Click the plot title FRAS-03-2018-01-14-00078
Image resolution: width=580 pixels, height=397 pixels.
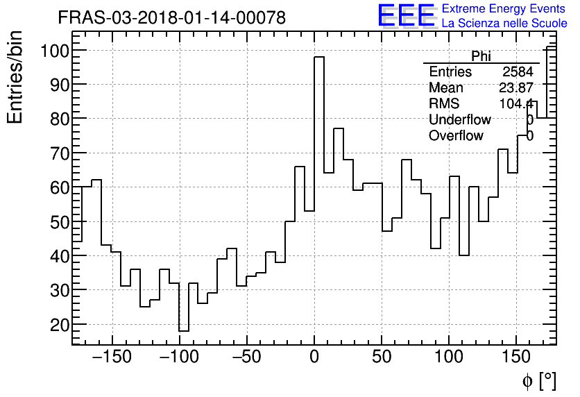pos(171,18)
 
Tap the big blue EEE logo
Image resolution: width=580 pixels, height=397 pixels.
pos(406,16)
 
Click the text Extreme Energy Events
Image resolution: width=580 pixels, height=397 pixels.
pos(503,9)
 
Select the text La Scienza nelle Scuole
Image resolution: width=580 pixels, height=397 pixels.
pos(504,23)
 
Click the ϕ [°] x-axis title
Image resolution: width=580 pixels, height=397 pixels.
pos(539,380)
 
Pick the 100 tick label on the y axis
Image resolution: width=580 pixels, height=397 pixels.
pos(53,51)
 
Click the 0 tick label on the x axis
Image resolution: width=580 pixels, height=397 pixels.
pos(314,358)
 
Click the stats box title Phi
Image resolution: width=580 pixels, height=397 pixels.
pos(481,56)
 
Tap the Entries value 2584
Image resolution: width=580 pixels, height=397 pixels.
pos(518,72)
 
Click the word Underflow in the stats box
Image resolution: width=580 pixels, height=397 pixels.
pos(459,120)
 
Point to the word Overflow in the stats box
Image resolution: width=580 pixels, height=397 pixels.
pos(456,136)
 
